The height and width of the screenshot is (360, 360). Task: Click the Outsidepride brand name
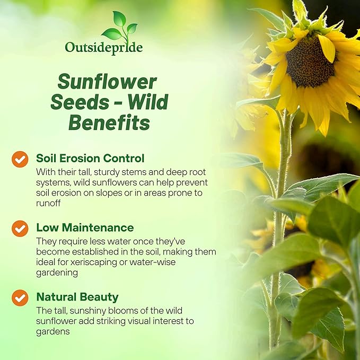point(103,47)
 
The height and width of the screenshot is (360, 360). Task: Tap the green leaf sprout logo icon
point(120,27)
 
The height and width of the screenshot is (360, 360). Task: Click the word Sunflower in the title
point(107,82)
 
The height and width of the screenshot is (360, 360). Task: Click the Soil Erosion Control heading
point(90,158)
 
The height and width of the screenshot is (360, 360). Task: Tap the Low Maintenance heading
point(85,227)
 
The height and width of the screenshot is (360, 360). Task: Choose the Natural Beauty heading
point(77,297)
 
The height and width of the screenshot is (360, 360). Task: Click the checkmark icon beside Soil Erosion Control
point(20,159)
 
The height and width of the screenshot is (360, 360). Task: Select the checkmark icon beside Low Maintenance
point(20,229)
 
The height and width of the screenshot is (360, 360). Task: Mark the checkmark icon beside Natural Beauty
point(20,297)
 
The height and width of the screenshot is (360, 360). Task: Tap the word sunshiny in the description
point(85,311)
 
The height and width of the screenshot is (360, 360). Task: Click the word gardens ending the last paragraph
point(52,331)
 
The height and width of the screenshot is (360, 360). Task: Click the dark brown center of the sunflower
point(310,62)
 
